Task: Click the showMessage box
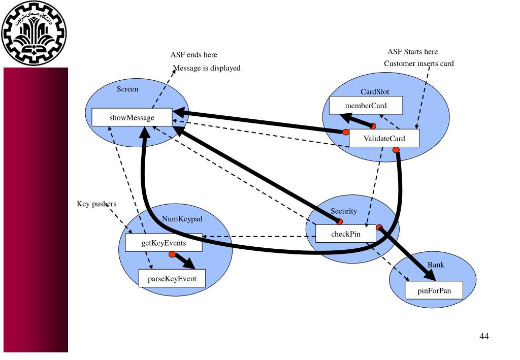[x=132, y=118]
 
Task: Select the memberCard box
[x=366, y=106]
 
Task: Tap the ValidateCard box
[x=384, y=139]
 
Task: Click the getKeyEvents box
[x=164, y=243]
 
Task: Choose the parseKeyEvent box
[x=173, y=278]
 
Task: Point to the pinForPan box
[x=434, y=290]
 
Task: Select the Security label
[x=344, y=211]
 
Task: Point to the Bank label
[x=436, y=266]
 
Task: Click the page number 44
[x=484, y=336]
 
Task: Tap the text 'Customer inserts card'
[x=419, y=63]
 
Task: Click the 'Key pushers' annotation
[x=92, y=204]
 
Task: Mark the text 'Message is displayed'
[x=207, y=68]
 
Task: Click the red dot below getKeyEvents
[x=172, y=254]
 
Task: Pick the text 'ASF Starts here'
[x=412, y=52]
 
